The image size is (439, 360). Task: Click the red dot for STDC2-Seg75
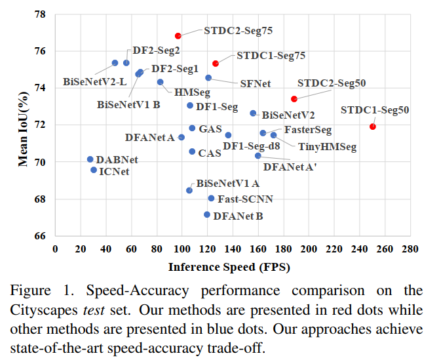click(x=178, y=35)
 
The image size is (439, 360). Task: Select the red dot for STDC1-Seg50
click(x=373, y=127)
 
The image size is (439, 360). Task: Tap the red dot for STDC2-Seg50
click(x=294, y=99)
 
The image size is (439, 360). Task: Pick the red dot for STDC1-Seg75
click(x=216, y=64)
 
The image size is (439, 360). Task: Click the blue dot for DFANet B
click(x=207, y=214)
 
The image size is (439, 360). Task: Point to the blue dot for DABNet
click(x=90, y=159)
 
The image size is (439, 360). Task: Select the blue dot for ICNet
click(x=94, y=170)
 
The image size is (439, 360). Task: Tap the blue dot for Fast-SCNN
click(x=211, y=198)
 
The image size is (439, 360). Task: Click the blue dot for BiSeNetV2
click(x=253, y=113)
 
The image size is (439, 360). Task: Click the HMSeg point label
click(x=187, y=92)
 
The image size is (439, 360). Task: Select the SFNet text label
click(x=255, y=84)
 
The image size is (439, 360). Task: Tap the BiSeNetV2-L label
click(x=94, y=82)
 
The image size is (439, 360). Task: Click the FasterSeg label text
click(x=308, y=130)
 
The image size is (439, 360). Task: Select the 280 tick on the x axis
click(x=411, y=250)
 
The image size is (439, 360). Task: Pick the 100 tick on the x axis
click(x=181, y=250)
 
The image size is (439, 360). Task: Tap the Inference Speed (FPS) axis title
click(x=229, y=267)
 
